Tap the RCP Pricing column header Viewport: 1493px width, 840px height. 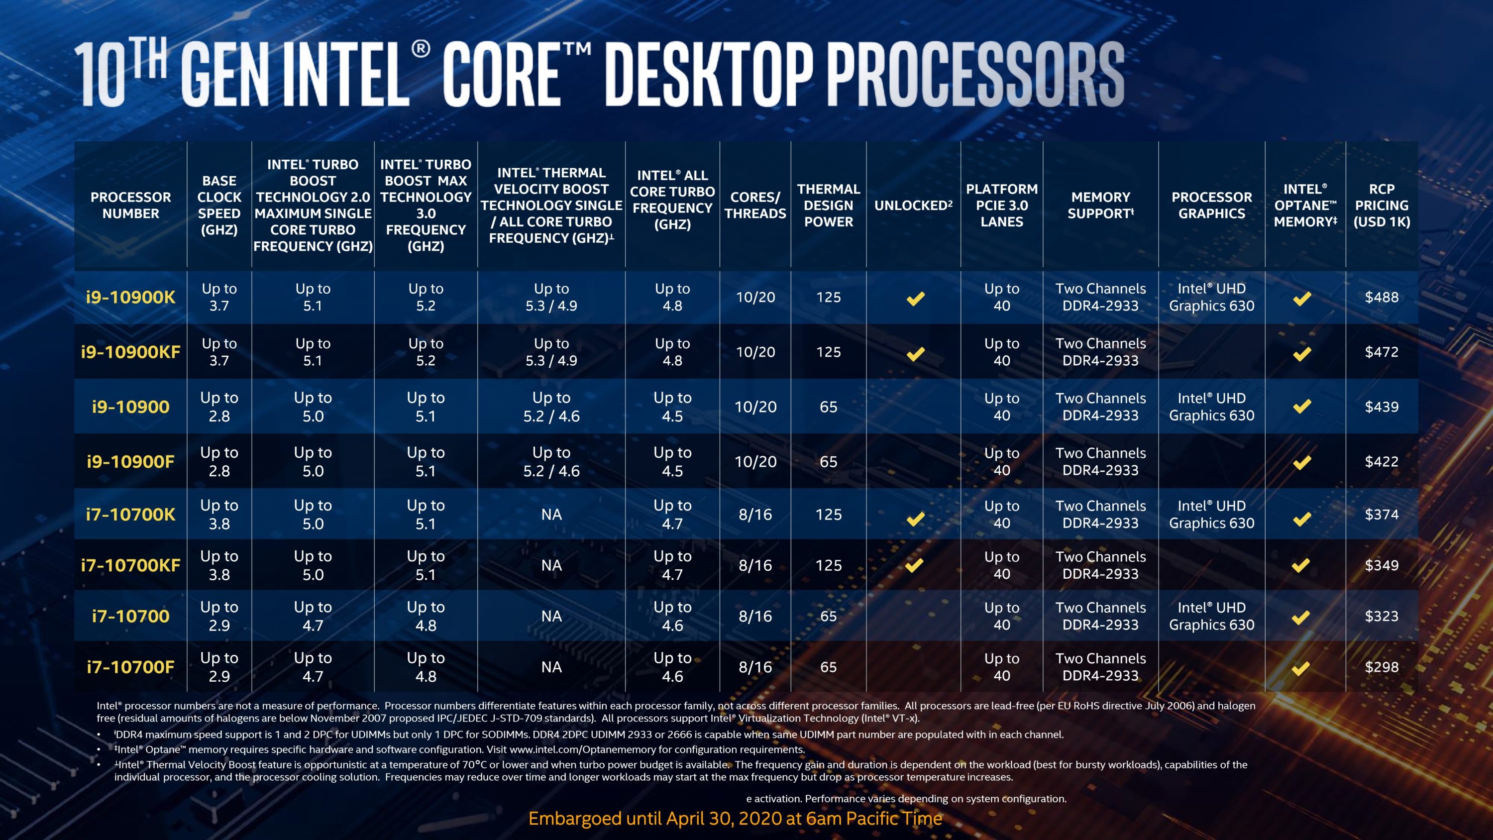point(1381,205)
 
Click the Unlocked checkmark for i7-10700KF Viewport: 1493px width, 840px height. point(914,565)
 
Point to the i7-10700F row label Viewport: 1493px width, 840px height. point(130,667)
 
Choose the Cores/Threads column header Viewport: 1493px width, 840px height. point(755,205)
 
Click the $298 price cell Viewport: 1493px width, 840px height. point(1381,667)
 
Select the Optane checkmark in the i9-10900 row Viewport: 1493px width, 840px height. point(1302,407)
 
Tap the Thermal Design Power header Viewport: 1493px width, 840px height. point(828,205)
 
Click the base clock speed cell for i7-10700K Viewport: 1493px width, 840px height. point(219,514)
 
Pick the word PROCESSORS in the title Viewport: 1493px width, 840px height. point(979,75)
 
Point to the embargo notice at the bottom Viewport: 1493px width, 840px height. point(735,819)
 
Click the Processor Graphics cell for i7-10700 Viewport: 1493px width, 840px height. point(1211,616)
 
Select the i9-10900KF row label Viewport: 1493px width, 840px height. point(130,352)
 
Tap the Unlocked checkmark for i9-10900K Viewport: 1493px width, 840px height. point(915,299)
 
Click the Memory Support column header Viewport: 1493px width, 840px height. point(1100,205)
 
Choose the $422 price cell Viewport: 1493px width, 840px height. point(1381,462)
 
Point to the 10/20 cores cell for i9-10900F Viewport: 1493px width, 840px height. point(755,462)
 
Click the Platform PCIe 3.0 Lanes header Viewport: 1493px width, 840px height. point(1001,205)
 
